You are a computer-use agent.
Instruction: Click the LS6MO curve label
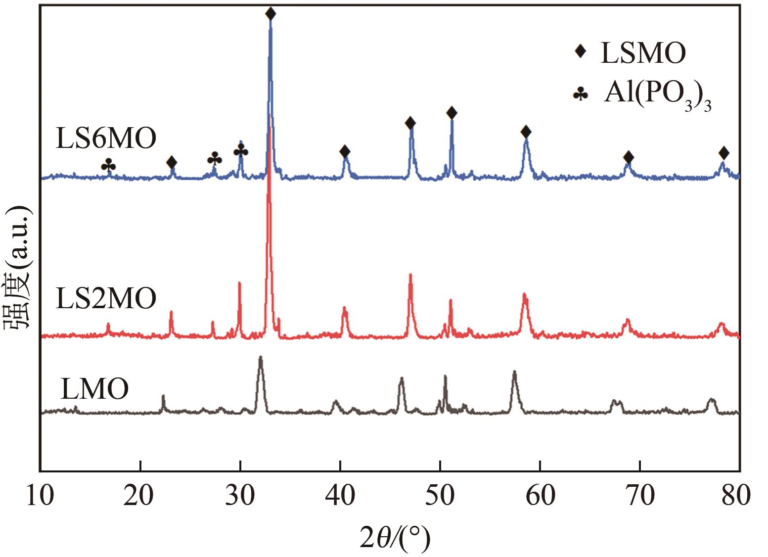(106, 139)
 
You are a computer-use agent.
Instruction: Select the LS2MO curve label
(106, 298)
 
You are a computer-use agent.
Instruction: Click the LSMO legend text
(643, 53)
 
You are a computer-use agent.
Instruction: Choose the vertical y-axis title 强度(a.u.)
(18, 267)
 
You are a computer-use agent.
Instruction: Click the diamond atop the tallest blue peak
(271, 13)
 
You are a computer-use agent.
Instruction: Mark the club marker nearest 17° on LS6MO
(108, 165)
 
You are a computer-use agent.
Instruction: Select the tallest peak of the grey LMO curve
(261, 358)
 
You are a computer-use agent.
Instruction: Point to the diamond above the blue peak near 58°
(526, 132)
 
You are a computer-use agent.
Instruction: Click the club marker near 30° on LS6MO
(241, 150)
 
